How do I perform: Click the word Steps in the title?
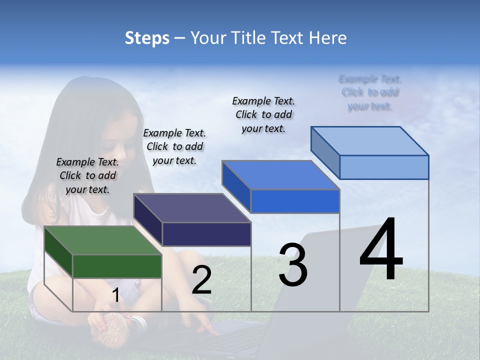point(147,38)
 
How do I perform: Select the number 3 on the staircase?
point(292,265)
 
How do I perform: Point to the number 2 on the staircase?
point(201,280)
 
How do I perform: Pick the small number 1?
point(115,295)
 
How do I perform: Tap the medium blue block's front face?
point(295,201)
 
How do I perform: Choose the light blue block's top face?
point(370,140)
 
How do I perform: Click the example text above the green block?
point(87,175)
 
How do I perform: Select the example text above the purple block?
point(174,146)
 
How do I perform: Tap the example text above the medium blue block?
point(263,114)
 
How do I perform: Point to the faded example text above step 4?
point(370,92)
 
